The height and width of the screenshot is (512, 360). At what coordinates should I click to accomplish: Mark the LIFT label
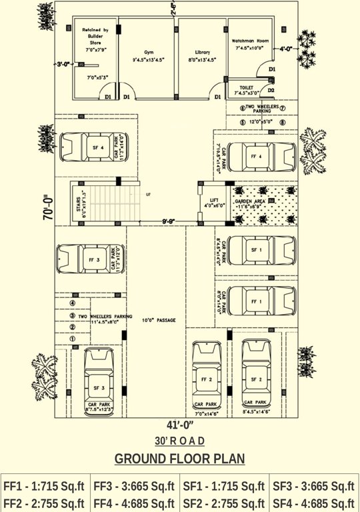(214, 200)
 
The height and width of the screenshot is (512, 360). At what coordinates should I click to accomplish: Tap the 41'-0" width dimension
(179, 425)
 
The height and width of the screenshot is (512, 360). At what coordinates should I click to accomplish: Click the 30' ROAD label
(179, 441)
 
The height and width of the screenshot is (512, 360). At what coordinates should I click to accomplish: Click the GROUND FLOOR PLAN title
(179, 459)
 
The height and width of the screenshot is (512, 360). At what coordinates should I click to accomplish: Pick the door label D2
(271, 90)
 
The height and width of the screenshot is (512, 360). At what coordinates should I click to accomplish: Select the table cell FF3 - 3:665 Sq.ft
(135, 486)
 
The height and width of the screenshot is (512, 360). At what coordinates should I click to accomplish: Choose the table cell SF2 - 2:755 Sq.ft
(224, 503)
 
